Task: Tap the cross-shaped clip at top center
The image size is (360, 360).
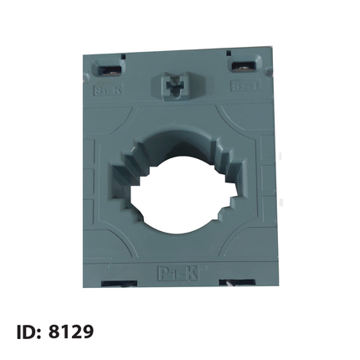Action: click(173, 88)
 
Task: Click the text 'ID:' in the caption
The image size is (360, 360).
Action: click(29, 332)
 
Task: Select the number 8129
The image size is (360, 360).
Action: click(72, 332)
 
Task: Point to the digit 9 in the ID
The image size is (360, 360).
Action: click(87, 332)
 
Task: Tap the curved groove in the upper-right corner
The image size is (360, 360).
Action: click(243, 117)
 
